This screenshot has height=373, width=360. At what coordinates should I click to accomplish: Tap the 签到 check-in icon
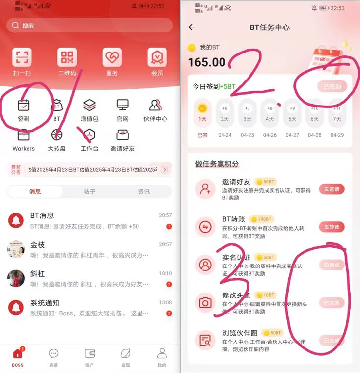(x=24, y=106)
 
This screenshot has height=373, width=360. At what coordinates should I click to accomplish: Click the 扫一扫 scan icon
(x=22, y=57)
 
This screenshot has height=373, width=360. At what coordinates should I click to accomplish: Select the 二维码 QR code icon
(x=67, y=57)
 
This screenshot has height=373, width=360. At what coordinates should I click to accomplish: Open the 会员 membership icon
(x=157, y=57)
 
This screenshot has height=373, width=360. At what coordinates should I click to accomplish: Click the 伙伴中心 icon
(x=155, y=106)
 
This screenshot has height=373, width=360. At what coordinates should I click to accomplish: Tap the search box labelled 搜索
(x=90, y=25)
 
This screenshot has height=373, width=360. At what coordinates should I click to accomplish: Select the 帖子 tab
(x=89, y=192)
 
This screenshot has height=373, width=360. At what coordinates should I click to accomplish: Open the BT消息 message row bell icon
(x=16, y=220)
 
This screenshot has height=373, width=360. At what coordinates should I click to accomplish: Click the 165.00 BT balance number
(x=207, y=62)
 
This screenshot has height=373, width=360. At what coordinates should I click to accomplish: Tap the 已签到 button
(x=332, y=87)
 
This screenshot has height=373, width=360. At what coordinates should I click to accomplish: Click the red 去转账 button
(x=332, y=227)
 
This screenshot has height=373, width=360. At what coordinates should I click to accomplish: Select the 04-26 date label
(x=270, y=135)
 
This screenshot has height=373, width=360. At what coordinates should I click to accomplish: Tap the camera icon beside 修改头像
(x=205, y=303)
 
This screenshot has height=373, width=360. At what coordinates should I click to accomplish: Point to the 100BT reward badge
(x=261, y=219)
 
